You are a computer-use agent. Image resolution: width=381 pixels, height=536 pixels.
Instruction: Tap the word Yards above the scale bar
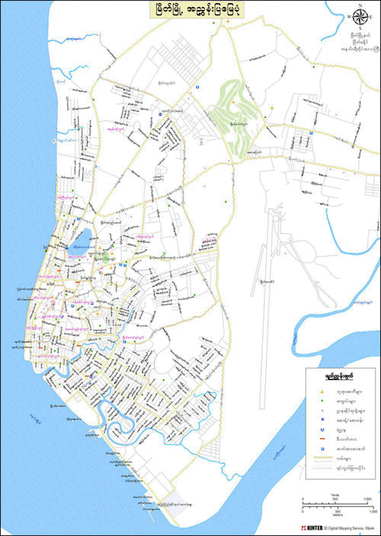(335, 494)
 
